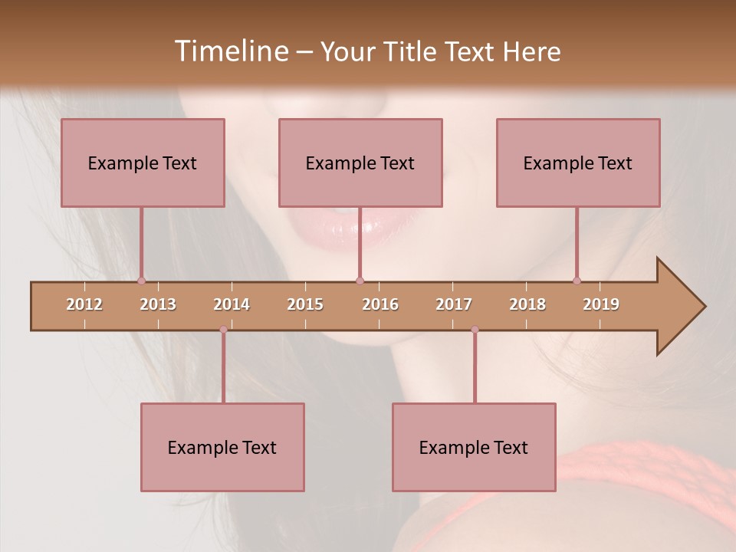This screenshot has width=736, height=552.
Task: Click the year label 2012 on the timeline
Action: pyautogui.click(x=84, y=304)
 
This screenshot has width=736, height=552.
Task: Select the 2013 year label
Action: pyautogui.click(x=158, y=304)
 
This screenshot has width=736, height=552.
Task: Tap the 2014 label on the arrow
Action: pyautogui.click(x=232, y=304)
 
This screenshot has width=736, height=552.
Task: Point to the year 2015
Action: pyautogui.click(x=305, y=304)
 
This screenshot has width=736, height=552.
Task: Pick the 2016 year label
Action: pyautogui.click(x=380, y=304)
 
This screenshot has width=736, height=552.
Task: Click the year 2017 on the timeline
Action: pyautogui.click(x=454, y=304)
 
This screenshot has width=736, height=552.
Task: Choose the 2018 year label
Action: pyautogui.click(x=527, y=304)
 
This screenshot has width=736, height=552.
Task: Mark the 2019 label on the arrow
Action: pyautogui.click(x=601, y=304)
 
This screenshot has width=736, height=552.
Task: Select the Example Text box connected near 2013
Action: pyautogui.click(x=143, y=163)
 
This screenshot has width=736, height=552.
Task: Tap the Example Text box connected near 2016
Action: pyautogui.click(x=360, y=163)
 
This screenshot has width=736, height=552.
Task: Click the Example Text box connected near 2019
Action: pyautogui.click(x=578, y=163)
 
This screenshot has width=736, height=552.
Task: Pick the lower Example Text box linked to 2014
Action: pyautogui.click(x=222, y=447)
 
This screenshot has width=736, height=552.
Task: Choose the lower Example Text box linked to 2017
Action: pyautogui.click(x=474, y=447)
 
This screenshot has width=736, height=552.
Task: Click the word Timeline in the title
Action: pyautogui.click(x=230, y=51)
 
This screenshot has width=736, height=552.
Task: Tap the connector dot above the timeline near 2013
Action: pyautogui.click(x=141, y=281)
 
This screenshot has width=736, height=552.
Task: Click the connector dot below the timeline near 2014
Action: pyautogui.click(x=223, y=330)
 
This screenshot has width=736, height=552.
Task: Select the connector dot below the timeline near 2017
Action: pyautogui.click(x=475, y=330)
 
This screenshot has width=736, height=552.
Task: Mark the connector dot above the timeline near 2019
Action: pyautogui.click(x=577, y=281)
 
